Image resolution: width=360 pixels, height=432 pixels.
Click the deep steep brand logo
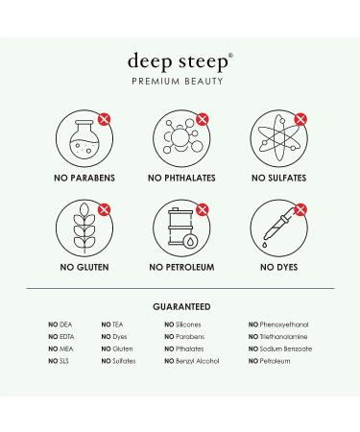click(180, 61)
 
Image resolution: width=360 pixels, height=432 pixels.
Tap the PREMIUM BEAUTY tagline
click(178, 82)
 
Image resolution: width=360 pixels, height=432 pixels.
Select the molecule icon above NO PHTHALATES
click(181, 137)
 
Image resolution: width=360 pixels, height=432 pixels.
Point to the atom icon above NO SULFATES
click(278, 138)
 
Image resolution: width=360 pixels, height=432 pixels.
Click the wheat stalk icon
click(84, 228)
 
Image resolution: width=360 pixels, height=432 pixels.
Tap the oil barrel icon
click(182, 228)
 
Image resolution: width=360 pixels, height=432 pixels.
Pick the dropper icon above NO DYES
click(277, 228)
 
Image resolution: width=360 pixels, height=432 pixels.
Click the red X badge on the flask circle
click(104, 119)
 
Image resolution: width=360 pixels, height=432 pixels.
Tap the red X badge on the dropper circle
click(300, 209)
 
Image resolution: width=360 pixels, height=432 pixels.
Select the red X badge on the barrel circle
click(203, 209)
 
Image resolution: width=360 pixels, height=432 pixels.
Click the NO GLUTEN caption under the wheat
click(84, 267)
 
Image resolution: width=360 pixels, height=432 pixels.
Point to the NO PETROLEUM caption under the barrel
click(181, 267)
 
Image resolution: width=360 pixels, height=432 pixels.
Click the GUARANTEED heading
click(181, 306)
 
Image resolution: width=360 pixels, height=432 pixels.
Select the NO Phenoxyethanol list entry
click(278, 324)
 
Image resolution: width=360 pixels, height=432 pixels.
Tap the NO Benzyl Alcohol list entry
click(192, 361)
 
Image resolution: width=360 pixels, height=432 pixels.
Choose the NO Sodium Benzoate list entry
click(280, 348)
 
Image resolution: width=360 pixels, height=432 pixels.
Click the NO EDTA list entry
click(61, 337)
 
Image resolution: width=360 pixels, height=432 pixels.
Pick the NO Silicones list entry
click(182, 324)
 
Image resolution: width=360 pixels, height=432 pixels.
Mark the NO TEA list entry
click(112, 324)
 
